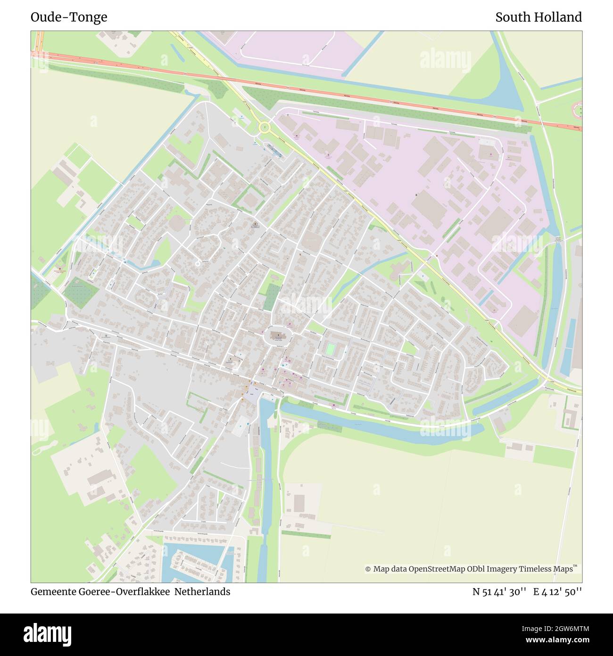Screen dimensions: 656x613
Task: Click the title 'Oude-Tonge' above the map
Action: click(x=69, y=17)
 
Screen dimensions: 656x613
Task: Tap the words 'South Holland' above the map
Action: click(x=538, y=17)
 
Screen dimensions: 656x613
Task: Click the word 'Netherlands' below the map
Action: click(x=202, y=591)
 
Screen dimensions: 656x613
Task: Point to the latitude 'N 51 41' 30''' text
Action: click(x=499, y=592)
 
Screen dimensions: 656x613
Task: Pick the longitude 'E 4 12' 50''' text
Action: click(x=557, y=592)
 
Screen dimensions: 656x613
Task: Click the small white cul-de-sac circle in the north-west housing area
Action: click(x=197, y=264)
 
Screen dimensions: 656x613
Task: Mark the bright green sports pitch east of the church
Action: click(x=330, y=349)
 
